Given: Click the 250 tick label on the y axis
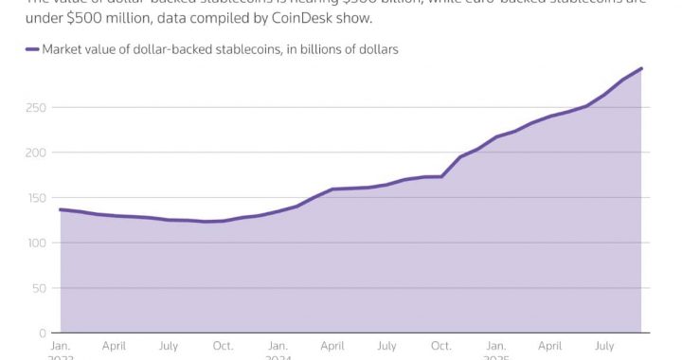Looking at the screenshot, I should pyautogui.click(x=35, y=108).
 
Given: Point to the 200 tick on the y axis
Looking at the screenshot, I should pyautogui.click(x=35, y=153).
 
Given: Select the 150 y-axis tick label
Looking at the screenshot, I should pyautogui.click(x=35, y=198).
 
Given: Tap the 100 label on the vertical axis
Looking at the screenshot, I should pyautogui.click(x=35, y=243).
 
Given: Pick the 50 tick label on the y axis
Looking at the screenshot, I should pyautogui.click(x=39, y=288).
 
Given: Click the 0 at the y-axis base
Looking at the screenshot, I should pyautogui.click(x=42, y=333).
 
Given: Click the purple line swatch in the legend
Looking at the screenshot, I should pyautogui.click(x=32, y=50).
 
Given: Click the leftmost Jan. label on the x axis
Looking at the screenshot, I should pyautogui.click(x=60, y=348).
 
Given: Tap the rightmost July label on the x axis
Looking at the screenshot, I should pyautogui.click(x=607, y=348).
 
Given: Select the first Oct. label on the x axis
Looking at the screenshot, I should pyautogui.click(x=224, y=348).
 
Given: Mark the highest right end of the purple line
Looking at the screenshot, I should pyautogui.click(x=642, y=68).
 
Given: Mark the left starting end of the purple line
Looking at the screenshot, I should pyautogui.click(x=61, y=209).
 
